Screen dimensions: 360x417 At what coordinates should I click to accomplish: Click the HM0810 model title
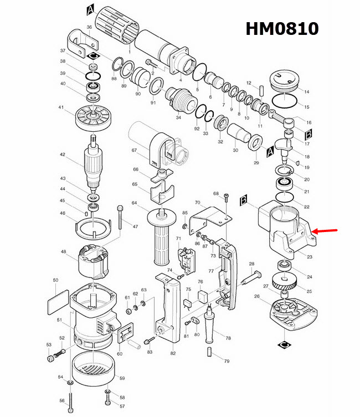(x=282, y=28)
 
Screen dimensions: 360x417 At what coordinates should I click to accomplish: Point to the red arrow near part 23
(x=325, y=231)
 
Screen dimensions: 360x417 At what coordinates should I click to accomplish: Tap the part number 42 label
(x=63, y=155)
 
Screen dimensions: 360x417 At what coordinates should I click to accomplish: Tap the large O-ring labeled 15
(x=284, y=101)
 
